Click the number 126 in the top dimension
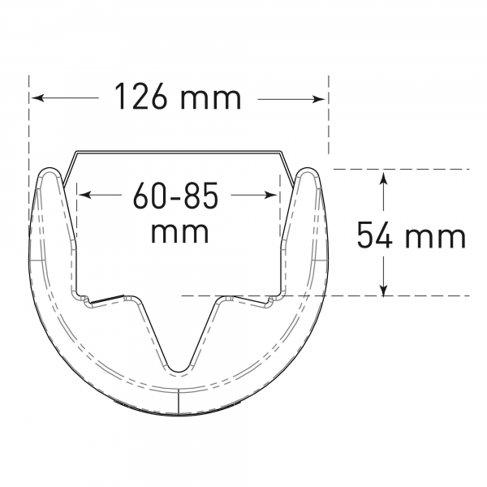click(140, 96)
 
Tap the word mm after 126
click(211, 99)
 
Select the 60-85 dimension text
click(176, 195)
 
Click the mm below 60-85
click(179, 233)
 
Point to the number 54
click(375, 235)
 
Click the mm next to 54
click(436, 238)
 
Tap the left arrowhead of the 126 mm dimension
click(37, 98)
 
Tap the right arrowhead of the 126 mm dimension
click(320, 99)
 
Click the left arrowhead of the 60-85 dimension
click(84, 195)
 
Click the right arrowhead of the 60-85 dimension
click(270, 195)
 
